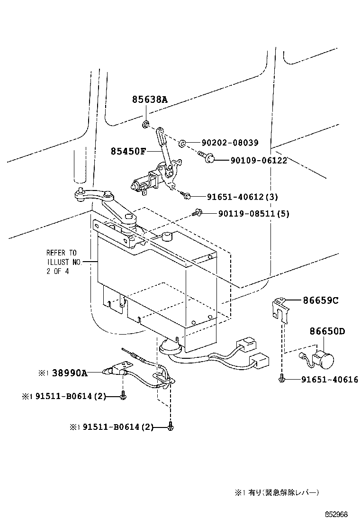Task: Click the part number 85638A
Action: [x=150, y=100]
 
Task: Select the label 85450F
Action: [x=128, y=151]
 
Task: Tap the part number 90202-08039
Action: [x=230, y=143]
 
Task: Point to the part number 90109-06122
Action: [x=260, y=161]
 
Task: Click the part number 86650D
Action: [x=327, y=331]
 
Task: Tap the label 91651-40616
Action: [x=330, y=380]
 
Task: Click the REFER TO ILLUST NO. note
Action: [x=61, y=262]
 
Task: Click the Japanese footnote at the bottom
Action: [x=277, y=492]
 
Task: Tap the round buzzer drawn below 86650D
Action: [x=324, y=359]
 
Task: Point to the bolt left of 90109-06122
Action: [x=207, y=159]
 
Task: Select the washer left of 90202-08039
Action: [x=182, y=142]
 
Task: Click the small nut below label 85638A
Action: [x=146, y=125]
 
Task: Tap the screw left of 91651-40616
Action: [x=282, y=379]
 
